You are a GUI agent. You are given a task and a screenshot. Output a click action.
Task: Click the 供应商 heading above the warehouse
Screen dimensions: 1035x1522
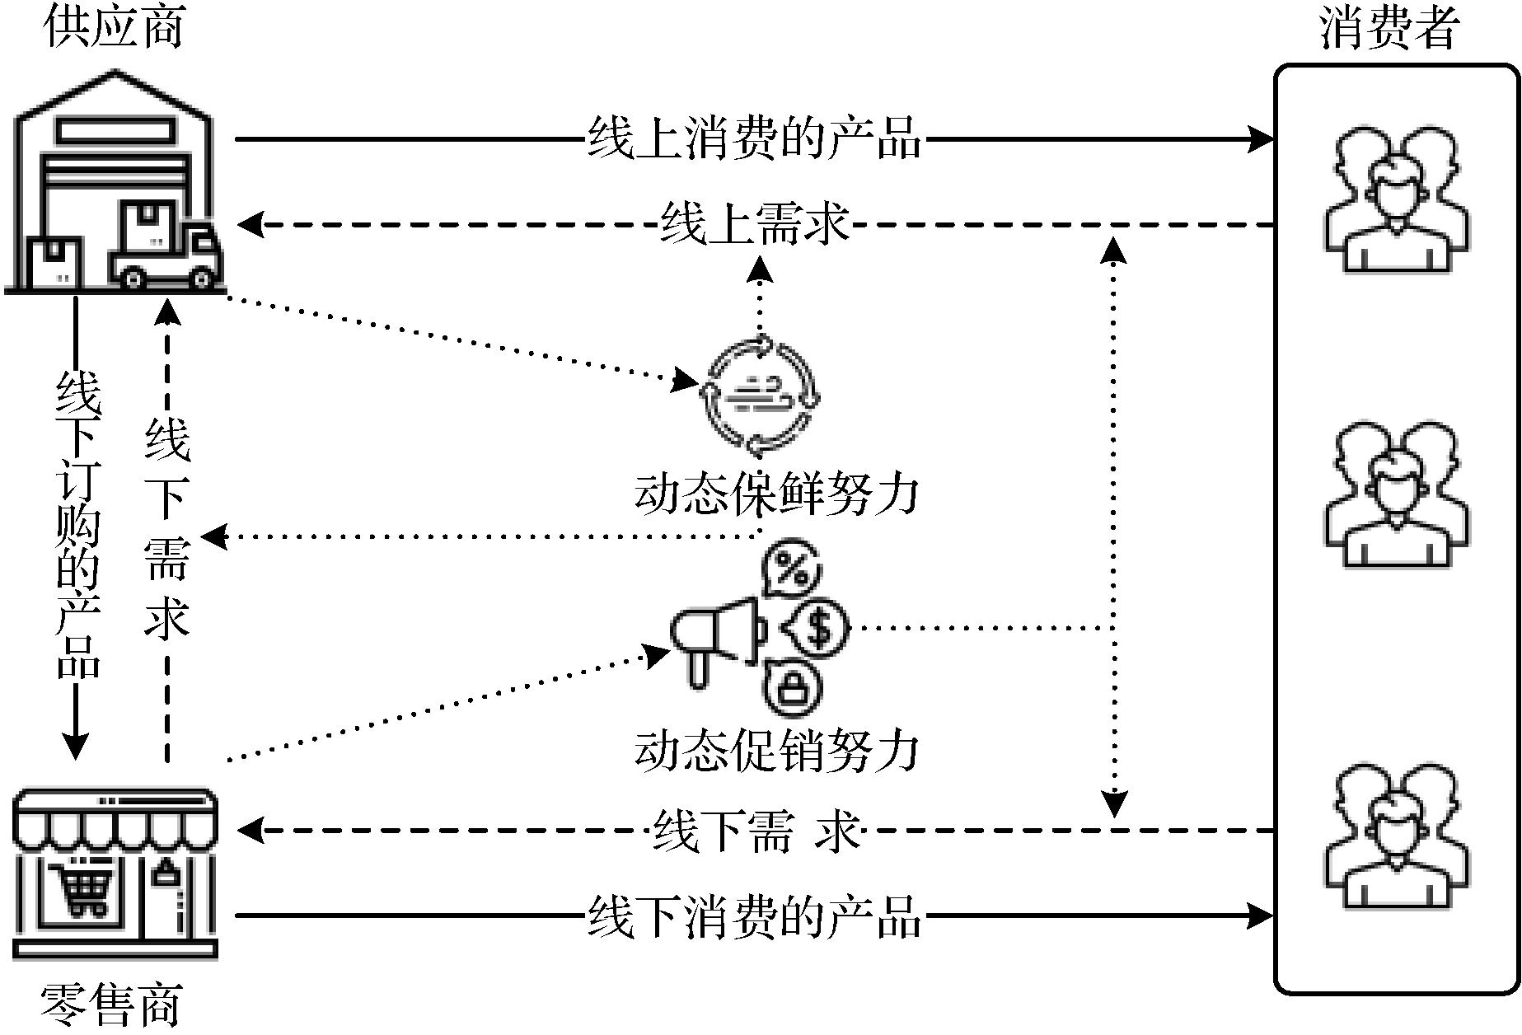113,26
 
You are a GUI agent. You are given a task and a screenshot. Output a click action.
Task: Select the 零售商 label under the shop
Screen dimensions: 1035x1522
111,1005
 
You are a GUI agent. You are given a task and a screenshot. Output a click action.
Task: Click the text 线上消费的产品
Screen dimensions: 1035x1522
753,138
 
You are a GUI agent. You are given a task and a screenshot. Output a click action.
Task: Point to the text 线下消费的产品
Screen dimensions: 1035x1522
753,916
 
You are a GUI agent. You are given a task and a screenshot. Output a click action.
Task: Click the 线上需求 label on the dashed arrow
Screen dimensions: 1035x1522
753,223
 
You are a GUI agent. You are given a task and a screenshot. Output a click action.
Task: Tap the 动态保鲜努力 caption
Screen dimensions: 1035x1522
775,494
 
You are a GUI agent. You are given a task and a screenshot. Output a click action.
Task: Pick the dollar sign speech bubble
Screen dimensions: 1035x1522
816,628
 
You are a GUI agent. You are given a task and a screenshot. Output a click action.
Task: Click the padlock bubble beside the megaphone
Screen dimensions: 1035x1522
793,686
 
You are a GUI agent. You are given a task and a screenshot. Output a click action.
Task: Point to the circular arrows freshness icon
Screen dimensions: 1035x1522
759,396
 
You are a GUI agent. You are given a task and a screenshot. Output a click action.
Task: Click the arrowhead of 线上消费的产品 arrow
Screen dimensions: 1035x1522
1261,138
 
